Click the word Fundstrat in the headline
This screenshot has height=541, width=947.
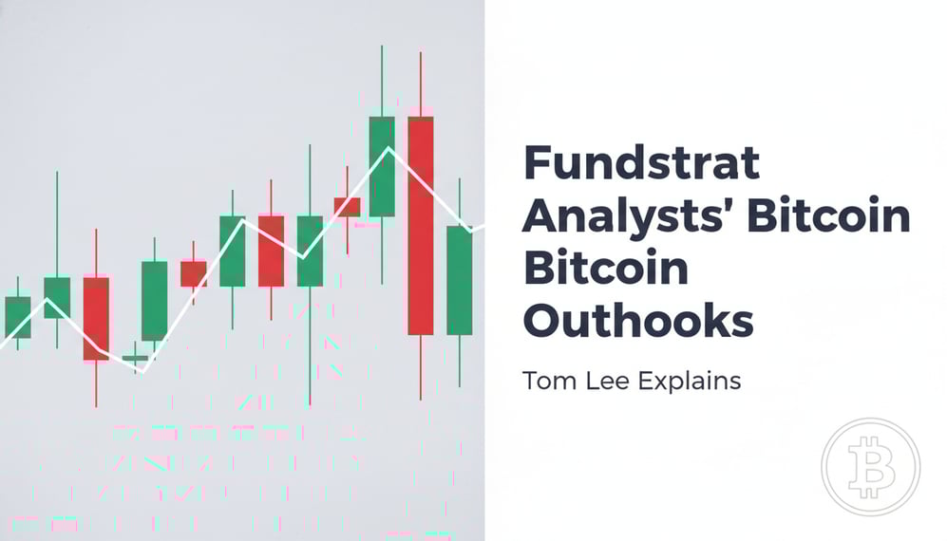[642, 165]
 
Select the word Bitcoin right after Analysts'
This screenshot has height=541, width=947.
[828, 217]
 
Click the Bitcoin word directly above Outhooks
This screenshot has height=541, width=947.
[605, 269]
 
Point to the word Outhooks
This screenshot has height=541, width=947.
[638, 321]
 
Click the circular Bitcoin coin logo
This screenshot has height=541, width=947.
[871, 466]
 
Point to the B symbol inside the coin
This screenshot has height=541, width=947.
[871, 467]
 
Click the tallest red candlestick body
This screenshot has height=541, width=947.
[421, 225]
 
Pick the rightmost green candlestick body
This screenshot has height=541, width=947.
[460, 280]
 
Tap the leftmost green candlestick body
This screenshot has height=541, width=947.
[18, 317]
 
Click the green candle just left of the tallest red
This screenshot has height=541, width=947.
[382, 166]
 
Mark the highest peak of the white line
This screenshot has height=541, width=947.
[388, 148]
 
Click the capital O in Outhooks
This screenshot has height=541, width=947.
[543, 321]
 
